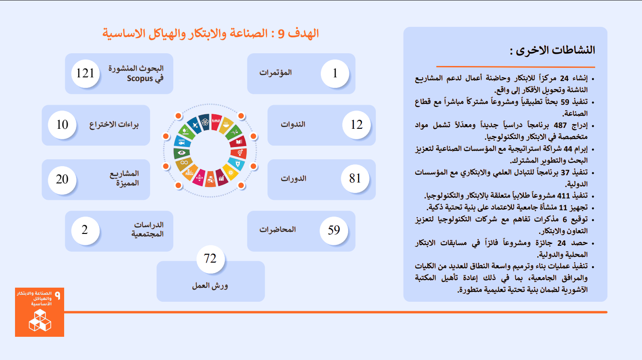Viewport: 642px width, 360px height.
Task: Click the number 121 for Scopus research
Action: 85,73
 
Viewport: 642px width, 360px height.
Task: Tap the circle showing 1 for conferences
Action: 335,73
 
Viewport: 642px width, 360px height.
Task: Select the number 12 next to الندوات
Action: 357,125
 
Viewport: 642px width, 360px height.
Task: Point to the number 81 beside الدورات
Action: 355,178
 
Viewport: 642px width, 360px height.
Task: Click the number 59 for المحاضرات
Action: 334,230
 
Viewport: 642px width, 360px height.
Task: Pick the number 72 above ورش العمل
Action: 210,259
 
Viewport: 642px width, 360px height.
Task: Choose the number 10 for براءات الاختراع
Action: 62,125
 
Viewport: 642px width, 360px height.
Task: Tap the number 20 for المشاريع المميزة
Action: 62,179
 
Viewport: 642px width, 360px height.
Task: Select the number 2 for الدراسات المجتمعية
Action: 85,230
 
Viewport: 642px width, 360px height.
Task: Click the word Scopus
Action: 140,79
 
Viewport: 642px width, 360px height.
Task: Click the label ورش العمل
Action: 210,286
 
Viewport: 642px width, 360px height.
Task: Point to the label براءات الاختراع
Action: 114,125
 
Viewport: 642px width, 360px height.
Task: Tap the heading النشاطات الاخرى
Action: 552,51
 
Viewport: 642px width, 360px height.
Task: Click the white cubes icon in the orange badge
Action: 40,320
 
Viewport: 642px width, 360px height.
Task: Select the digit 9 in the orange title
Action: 281,34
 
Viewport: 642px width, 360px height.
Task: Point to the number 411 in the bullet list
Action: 563,196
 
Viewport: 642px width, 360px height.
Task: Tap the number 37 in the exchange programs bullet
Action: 565,172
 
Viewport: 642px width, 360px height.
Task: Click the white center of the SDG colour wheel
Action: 210,151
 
